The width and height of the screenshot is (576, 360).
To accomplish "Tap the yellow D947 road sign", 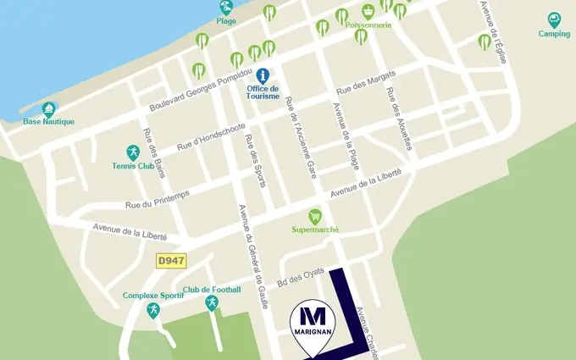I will click(171, 262).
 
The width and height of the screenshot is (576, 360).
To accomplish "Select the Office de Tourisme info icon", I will click(263, 75).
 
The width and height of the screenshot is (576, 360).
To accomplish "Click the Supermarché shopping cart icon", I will click(315, 216).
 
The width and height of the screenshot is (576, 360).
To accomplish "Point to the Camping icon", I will click(554, 19).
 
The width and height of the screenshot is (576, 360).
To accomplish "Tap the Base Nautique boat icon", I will click(49, 109).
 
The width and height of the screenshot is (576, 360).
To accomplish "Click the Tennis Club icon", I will click(132, 152).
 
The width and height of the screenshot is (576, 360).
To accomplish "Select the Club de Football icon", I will click(212, 302).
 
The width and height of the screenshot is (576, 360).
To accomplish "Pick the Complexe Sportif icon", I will click(152, 309).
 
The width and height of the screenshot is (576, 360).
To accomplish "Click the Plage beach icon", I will click(226, 8).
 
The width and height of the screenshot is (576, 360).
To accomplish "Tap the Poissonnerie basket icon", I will click(368, 12).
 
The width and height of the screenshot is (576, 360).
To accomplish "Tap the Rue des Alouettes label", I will click(399, 119).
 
